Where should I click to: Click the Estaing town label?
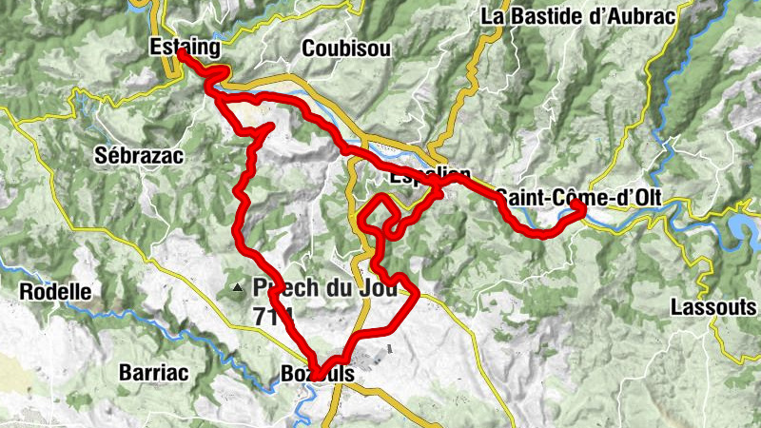click(185, 46)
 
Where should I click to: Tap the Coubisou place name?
click(346, 49)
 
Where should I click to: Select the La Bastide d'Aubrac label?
click(577, 16)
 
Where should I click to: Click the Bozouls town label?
click(318, 375)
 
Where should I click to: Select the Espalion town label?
click(430, 177)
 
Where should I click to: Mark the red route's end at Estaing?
click(181, 54)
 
